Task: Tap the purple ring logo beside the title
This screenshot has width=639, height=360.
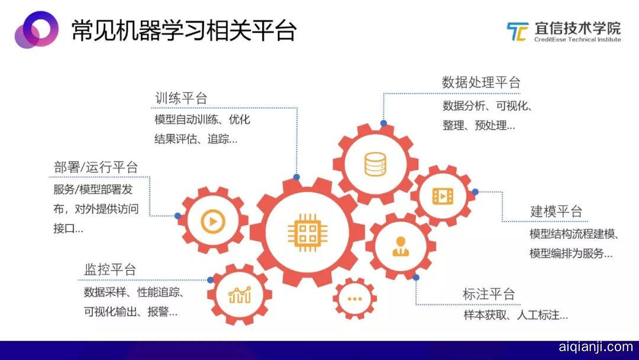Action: point(36,30)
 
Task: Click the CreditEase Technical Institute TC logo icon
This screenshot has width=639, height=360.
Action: point(518,31)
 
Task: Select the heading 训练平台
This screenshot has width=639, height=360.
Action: point(181,98)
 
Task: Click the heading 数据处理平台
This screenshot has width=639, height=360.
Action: point(481,82)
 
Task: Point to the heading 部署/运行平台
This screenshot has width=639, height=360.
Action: point(96,167)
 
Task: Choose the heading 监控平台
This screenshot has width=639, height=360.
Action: point(110,269)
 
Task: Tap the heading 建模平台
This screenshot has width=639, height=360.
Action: point(556,211)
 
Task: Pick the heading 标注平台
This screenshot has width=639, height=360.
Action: point(489,294)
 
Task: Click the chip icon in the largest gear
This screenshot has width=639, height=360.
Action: point(307,233)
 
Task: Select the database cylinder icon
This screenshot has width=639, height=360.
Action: point(375,164)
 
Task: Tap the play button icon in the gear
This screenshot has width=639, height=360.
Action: point(213,221)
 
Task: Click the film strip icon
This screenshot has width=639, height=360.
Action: point(443,196)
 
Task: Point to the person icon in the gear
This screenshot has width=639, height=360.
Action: point(401,246)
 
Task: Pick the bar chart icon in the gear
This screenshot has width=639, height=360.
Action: point(240,294)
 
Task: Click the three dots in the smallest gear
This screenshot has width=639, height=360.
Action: point(354,299)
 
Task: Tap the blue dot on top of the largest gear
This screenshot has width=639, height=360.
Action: point(296,178)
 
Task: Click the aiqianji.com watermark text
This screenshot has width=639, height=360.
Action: point(595,347)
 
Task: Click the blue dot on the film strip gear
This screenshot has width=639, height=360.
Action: point(475,192)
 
